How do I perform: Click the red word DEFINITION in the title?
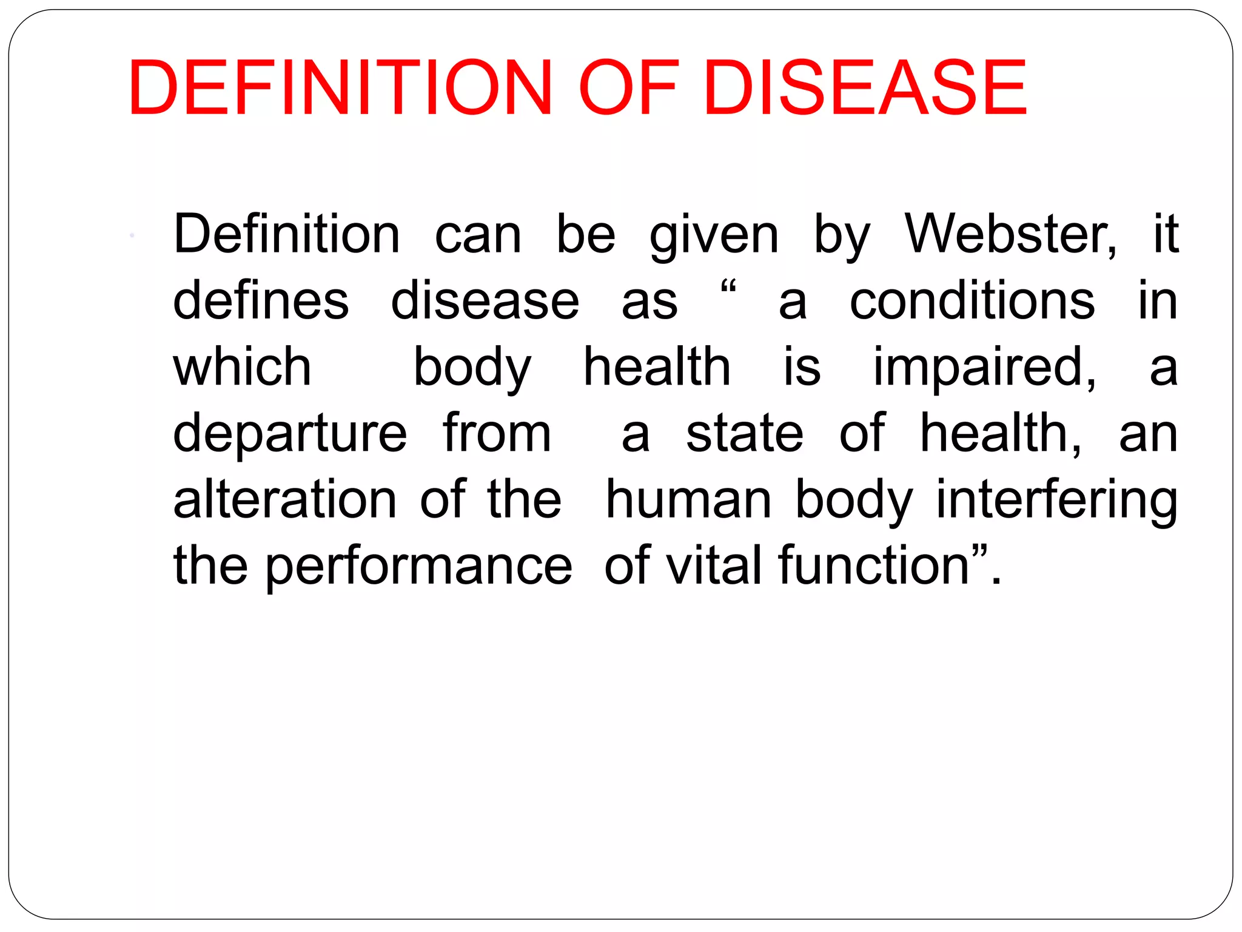click(x=340, y=88)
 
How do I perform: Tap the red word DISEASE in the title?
click(x=865, y=88)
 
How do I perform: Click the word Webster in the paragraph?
click(x=1010, y=235)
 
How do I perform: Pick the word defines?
click(x=261, y=301)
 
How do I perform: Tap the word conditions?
click(x=972, y=301)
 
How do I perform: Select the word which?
click(x=242, y=367)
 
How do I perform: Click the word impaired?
click(x=984, y=368)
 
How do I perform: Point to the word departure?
click(x=290, y=434)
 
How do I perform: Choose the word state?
click(x=745, y=433)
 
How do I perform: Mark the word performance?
click(x=418, y=567)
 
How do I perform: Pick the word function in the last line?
click(x=873, y=566)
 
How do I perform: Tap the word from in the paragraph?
click(x=497, y=433)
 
